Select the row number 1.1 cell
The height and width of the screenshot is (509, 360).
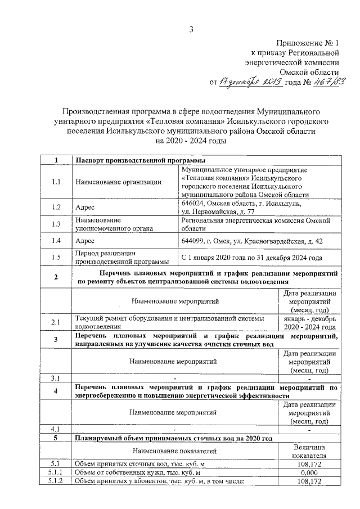coord(56,182)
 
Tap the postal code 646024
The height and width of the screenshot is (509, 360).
coord(193,203)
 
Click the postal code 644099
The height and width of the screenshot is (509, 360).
coord(193,241)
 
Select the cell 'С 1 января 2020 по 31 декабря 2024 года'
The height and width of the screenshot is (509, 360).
coord(251,258)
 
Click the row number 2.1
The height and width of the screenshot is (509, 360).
coord(56,322)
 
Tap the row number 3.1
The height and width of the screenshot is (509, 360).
coord(56,377)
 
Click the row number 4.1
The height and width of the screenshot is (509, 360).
coord(56,429)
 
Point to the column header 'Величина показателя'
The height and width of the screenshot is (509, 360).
coord(309,450)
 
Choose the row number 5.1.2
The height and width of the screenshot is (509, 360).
coord(56,481)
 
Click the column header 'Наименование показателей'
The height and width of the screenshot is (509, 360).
coord(177,451)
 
